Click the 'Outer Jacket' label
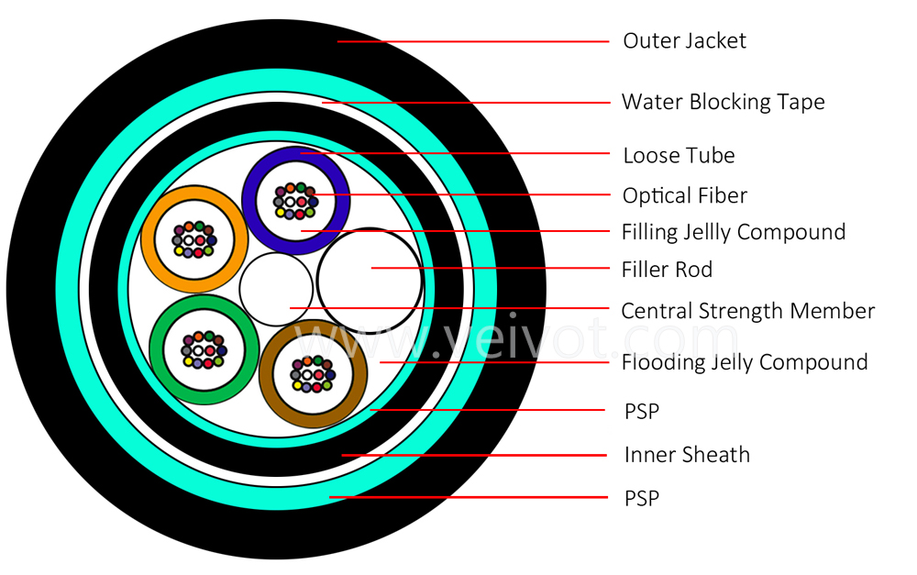pos(684,41)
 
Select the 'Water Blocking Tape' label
pos(723,102)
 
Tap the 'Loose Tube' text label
pos(679,156)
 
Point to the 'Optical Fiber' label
pos(685,196)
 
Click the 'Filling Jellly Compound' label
pos(734,232)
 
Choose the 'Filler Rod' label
pos(667,270)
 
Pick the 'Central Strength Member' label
pos(748,311)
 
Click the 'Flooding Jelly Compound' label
pos(745,362)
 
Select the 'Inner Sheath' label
pos(687,455)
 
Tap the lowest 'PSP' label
pos(642,499)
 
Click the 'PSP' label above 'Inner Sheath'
pos(642,412)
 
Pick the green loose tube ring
pos(156,349)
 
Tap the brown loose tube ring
pos(266,374)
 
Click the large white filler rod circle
pos(370,281)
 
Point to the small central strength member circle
pos(276,289)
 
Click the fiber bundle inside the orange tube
pos(194,239)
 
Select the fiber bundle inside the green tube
pos(204,349)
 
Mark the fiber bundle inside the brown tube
pos(313,374)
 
